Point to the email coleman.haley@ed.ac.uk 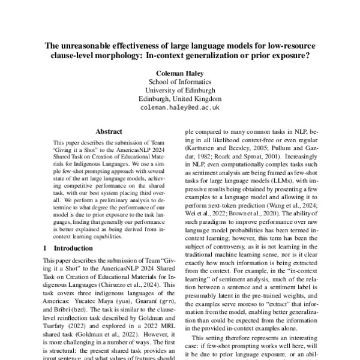click(x=180, y=108)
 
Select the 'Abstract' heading click(x=109, y=131)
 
